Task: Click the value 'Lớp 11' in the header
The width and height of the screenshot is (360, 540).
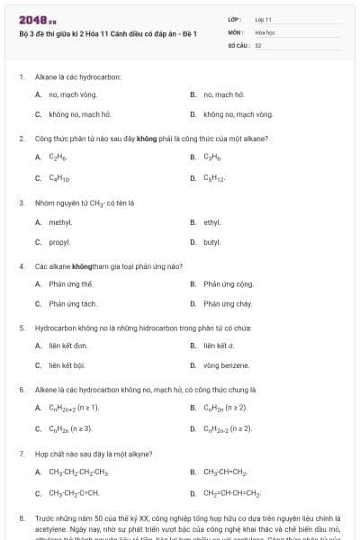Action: [263, 18]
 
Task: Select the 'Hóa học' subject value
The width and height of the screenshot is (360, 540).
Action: [265, 31]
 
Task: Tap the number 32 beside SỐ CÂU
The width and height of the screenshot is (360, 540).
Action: [258, 44]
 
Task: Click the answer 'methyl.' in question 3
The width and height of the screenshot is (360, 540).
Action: [60, 221]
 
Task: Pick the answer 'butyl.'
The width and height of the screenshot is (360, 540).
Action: [211, 242]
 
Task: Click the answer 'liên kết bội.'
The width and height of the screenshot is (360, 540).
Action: [67, 365]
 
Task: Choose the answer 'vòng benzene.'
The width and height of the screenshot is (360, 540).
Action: [225, 365]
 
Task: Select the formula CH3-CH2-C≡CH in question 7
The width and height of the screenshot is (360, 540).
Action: [74, 492]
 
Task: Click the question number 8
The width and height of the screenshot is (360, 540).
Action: [21, 518]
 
